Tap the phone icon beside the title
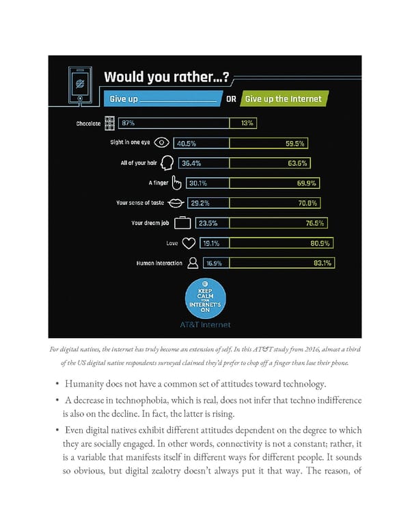tap(81, 84)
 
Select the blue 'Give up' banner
tap(163, 99)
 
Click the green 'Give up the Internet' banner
tap(282, 99)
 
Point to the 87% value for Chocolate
tap(128, 124)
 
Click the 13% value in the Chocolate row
tap(247, 124)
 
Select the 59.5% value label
tap(296, 144)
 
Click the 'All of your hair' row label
tap(139, 163)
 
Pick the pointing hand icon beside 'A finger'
tap(176, 183)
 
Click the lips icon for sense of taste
tap(175, 203)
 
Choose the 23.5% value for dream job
tap(208, 222)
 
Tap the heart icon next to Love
tap(189, 242)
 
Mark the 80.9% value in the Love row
tap(320, 242)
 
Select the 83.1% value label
tap(323, 262)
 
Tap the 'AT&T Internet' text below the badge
tap(206, 324)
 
